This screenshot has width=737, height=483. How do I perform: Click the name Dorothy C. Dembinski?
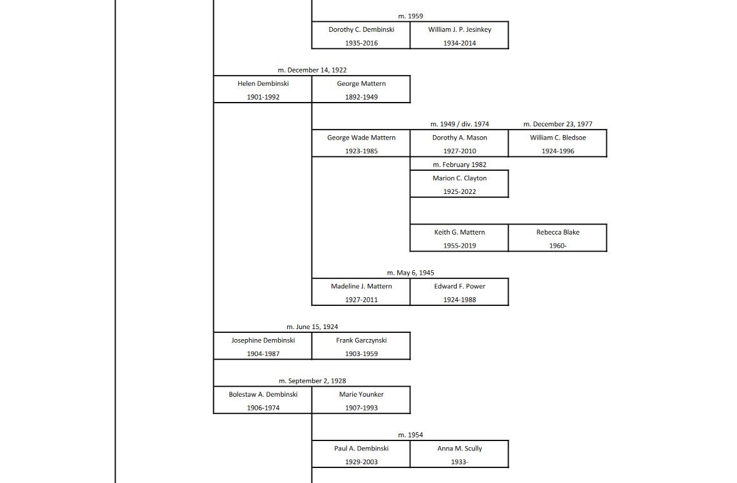click(361, 29)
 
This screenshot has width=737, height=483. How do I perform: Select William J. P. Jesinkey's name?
click(459, 29)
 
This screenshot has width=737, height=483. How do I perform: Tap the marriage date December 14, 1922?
click(312, 70)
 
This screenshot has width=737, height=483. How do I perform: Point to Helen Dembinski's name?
click(263, 83)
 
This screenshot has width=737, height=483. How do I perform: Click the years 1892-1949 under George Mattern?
click(361, 97)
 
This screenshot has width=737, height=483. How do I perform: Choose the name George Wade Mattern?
click(361, 138)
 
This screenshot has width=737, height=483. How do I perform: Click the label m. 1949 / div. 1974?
click(459, 124)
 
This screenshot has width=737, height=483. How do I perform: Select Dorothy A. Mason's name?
click(459, 138)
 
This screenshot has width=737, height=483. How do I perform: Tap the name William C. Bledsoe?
click(557, 138)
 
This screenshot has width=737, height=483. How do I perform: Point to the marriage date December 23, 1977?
click(557, 124)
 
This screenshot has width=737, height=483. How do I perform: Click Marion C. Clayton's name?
click(459, 178)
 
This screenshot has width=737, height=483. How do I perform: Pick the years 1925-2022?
click(459, 191)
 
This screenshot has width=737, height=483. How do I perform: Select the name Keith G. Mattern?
click(459, 232)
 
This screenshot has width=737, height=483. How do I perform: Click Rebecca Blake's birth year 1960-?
click(557, 246)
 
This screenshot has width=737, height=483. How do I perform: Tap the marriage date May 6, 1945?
click(410, 273)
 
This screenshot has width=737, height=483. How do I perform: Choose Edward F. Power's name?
click(459, 286)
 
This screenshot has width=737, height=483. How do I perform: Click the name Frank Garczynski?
click(361, 340)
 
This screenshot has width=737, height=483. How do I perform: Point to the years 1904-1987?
click(263, 354)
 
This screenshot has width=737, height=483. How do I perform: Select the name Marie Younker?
click(361, 394)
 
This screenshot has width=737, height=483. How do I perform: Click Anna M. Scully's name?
click(459, 449)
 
